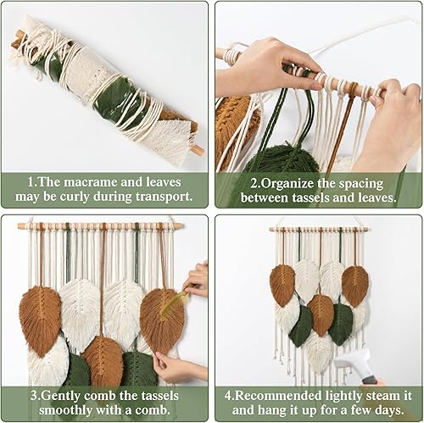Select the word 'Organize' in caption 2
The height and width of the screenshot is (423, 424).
267,181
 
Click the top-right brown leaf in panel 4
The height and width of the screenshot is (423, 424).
354,285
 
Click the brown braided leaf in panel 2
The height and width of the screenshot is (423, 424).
232,127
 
